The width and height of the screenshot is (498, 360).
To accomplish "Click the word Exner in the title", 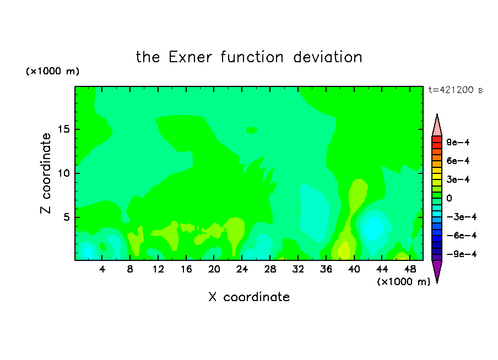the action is (190, 57).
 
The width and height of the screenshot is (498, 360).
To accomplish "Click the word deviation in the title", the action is (328, 57).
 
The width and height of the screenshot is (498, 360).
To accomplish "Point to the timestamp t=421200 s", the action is (456, 90).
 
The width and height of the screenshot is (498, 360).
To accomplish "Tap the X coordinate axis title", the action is (249, 297).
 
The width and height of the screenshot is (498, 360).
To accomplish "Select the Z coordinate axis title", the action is (46, 173).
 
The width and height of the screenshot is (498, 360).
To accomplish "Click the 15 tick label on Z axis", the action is (63, 129).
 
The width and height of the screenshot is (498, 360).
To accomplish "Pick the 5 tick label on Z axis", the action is (66, 217).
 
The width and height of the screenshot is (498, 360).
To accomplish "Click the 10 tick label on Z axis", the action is (63, 173).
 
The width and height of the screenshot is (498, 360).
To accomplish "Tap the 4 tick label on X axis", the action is (102, 269).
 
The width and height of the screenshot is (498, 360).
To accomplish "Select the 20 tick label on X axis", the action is (214, 269).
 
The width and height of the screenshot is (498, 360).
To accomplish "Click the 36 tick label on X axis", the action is (326, 269).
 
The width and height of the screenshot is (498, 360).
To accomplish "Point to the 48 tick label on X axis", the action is (410, 269).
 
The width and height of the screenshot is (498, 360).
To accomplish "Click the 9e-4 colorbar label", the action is (458, 142).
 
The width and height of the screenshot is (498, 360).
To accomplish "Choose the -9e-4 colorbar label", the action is (461, 254).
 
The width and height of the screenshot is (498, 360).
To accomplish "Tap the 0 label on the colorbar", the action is (449, 198).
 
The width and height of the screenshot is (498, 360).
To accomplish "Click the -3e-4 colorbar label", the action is (461, 217).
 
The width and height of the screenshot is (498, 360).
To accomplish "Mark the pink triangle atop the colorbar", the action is (437, 126).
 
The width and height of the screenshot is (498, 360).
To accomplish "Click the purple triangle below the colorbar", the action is (437, 270).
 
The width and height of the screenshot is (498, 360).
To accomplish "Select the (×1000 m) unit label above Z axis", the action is (52, 71).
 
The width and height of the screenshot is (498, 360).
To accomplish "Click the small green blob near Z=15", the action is (252, 130).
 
